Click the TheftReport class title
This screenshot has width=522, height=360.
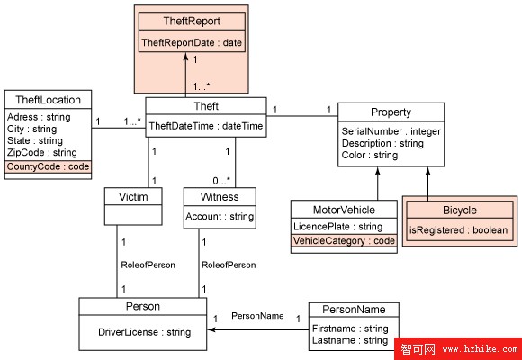(x=192, y=22)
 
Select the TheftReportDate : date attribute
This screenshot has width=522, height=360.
(x=192, y=42)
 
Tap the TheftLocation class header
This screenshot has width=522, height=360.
(x=48, y=100)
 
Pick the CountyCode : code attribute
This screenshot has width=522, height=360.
(x=48, y=166)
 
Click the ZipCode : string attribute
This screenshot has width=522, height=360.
(x=42, y=152)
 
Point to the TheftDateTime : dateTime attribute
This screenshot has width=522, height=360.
(x=206, y=126)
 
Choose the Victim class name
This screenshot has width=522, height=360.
(x=133, y=197)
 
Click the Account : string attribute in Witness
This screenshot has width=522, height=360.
(x=220, y=217)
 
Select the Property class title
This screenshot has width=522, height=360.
(x=391, y=112)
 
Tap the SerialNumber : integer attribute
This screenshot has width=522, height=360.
(x=391, y=131)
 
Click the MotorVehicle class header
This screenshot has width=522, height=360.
(x=344, y=210)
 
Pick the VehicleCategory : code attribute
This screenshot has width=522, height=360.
(x=344, y=241)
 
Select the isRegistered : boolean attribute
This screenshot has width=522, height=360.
(x=458, y=230)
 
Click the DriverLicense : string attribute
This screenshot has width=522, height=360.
(x=145, y=332)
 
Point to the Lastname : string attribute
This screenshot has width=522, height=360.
(x=350, y=340)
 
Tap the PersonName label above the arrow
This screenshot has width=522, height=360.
(x=257, y=316)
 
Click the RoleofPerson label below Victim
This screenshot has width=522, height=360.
(x=148, y=265)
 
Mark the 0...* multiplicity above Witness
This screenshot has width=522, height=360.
(x=221, y=181)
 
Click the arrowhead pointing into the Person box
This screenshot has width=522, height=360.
(x=211, y=329)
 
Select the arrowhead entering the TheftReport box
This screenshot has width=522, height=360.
(x=185, y=57)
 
